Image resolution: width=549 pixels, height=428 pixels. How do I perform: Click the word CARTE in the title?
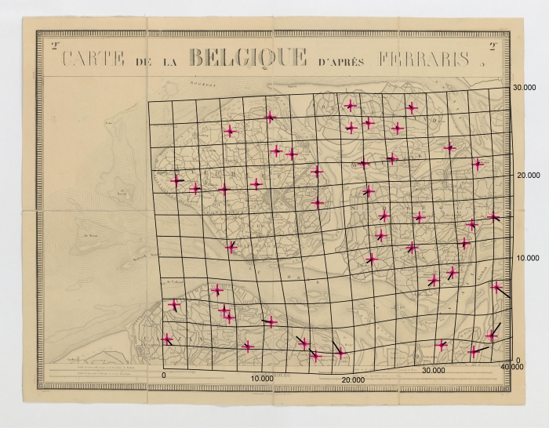(95, 60)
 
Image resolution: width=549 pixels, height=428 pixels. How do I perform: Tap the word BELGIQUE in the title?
(248, 57)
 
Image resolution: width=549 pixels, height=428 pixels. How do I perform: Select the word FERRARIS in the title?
(424, 60)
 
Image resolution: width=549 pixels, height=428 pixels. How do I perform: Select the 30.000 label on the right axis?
(523, 88)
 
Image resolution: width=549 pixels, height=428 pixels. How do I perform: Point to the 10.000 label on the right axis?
(523, 258)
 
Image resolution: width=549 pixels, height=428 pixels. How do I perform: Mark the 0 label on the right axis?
(518, 360)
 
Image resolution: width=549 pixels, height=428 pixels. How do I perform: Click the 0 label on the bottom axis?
(164, 375)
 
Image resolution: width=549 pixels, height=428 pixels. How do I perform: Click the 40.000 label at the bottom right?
(511, 367)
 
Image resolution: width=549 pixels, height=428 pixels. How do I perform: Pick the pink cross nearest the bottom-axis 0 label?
(167, 339)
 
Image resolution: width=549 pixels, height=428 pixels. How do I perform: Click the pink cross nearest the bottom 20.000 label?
(340, 354)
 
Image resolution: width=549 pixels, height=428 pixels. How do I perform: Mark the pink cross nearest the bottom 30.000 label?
(442, 344)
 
